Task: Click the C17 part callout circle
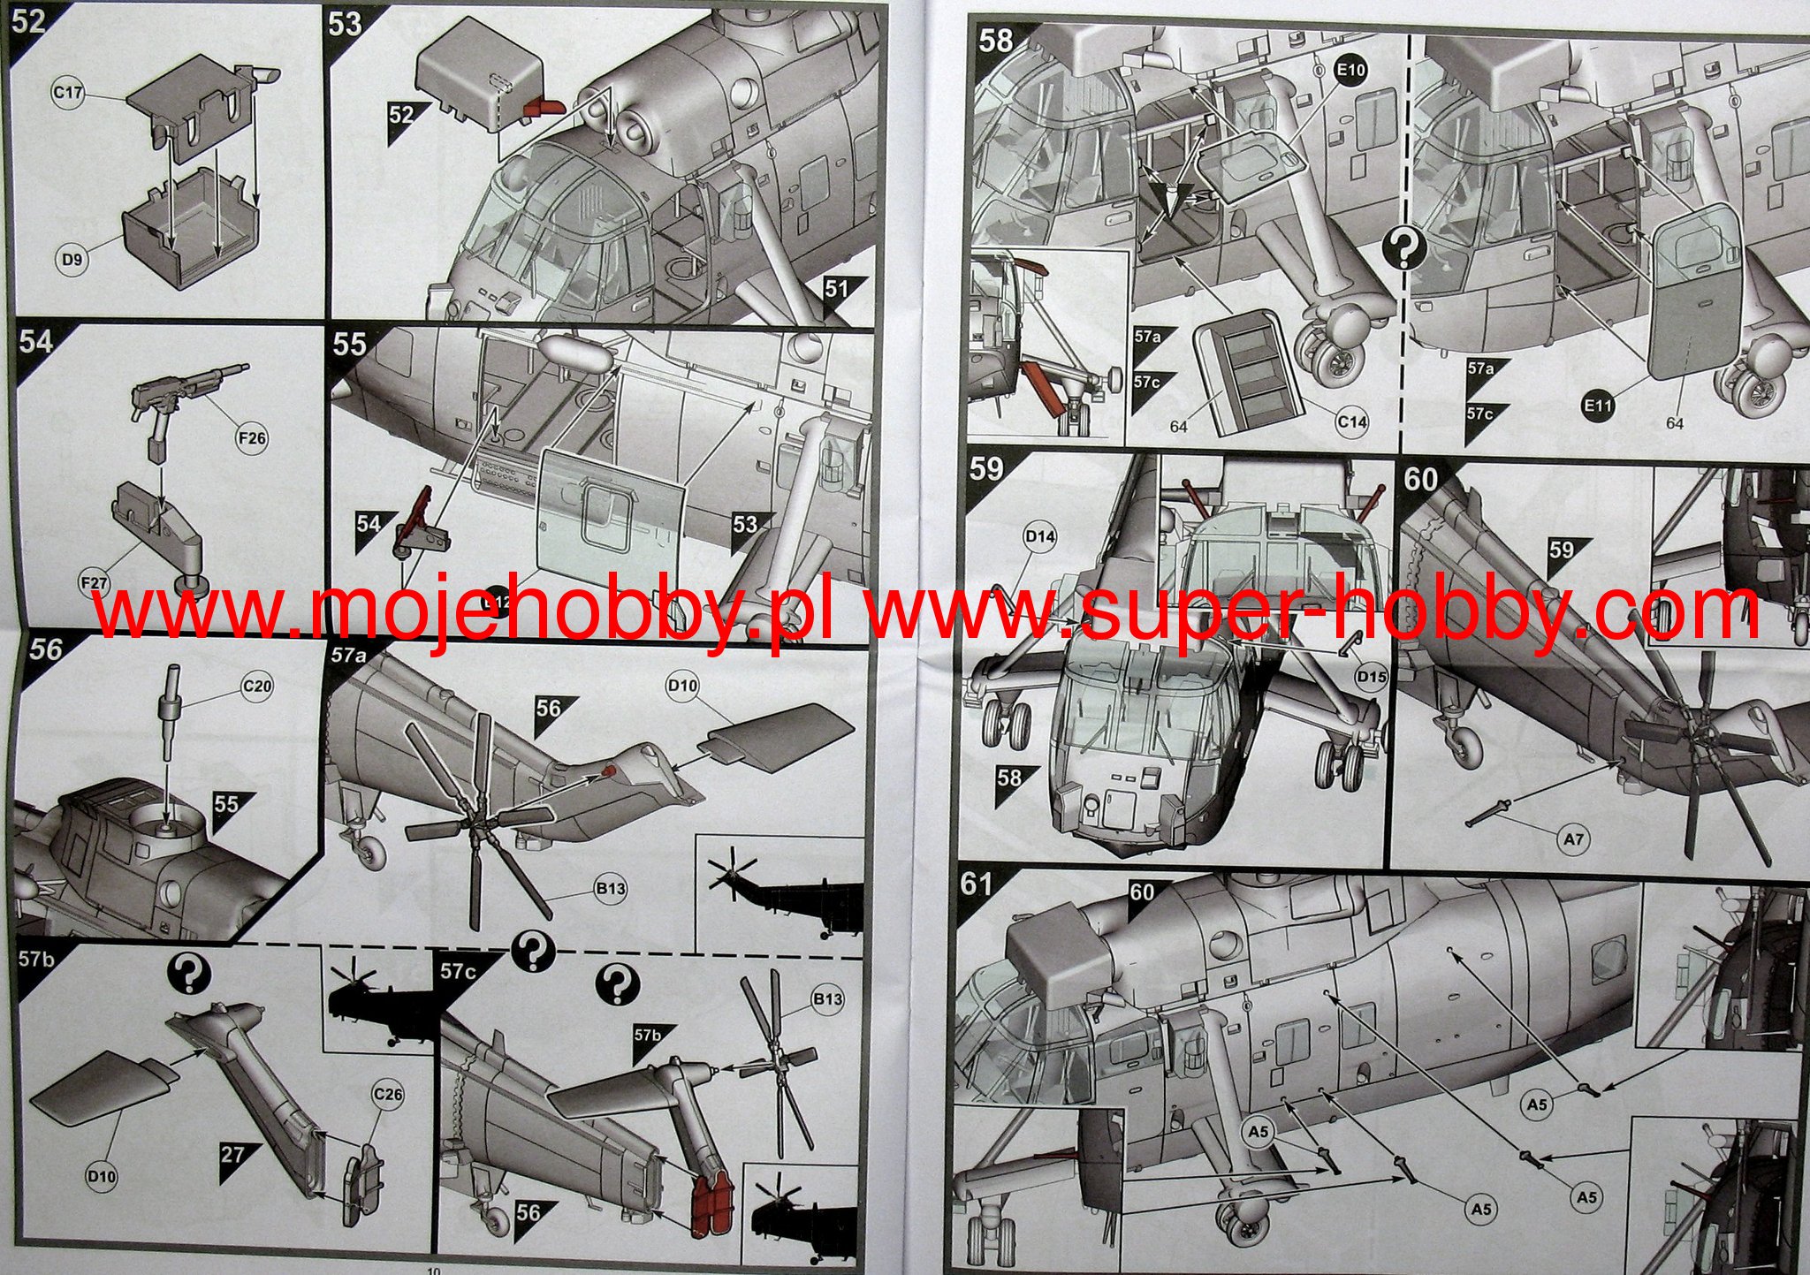click(69, 93)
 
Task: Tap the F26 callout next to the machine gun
click(252, 437)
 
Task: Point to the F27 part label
click(94, 583)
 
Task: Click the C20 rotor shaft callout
click(257, 686)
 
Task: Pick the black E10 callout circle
click(1350, 70)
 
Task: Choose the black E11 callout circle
click(1598, 406)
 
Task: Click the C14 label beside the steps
click(1352, 422)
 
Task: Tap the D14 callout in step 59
click(1040, 536)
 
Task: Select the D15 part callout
click(1371, 677)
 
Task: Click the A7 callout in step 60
click(1573, 839)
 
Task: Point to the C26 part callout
click(388, 1095)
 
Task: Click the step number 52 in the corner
click(28, 20)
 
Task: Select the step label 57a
click(348, 655)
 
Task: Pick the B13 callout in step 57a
click(611, 888)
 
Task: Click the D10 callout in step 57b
click(102, 1176)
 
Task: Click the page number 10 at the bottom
click(432, 1270)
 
